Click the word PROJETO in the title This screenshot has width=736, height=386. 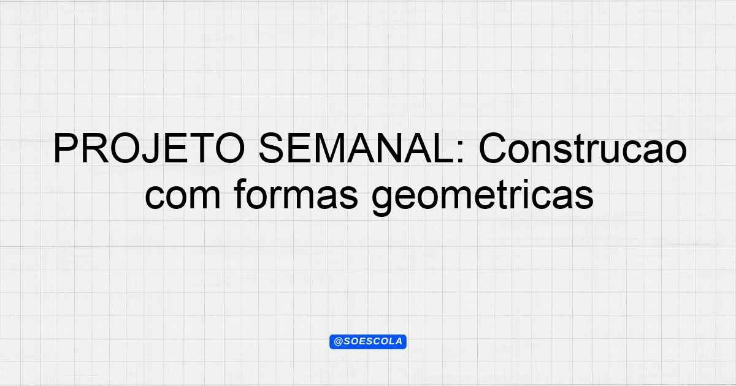point(149,148)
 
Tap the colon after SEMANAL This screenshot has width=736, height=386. point(461,152)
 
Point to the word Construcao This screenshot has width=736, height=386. point(583,148)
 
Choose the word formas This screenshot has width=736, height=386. point(296,194)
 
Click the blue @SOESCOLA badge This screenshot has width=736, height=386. point(368,342)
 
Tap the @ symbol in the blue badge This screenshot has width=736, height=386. point(338,342)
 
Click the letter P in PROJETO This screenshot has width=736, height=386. point(65,148)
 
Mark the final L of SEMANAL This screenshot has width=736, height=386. point(445,148)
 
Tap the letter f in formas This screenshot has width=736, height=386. point(241,194)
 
